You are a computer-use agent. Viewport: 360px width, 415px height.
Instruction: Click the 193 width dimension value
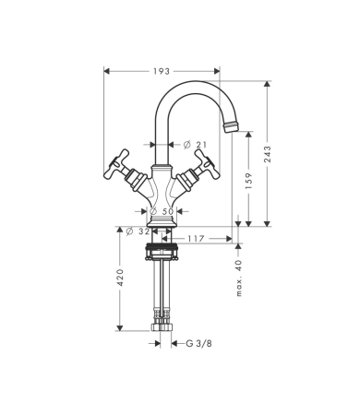[x=162, y=71]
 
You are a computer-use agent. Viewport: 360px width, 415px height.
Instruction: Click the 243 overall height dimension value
[x=268, y=154]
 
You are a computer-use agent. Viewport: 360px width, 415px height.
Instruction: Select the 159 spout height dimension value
[x=249, y=181]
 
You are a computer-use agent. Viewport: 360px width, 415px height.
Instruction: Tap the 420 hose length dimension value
[x=120, y=278]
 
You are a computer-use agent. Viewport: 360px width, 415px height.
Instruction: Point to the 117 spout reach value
[x=196, y=239]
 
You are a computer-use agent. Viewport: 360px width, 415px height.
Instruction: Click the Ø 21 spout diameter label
[x=195, y=145]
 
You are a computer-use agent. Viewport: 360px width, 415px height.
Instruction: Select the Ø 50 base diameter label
[x=162, y=211]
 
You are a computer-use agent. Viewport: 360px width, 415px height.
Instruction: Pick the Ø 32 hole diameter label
[x=138, y=231]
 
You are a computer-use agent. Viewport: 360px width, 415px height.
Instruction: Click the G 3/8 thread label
[x=199, y=343]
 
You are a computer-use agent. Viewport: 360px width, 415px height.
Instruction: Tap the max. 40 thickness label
[x=239, y=279]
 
